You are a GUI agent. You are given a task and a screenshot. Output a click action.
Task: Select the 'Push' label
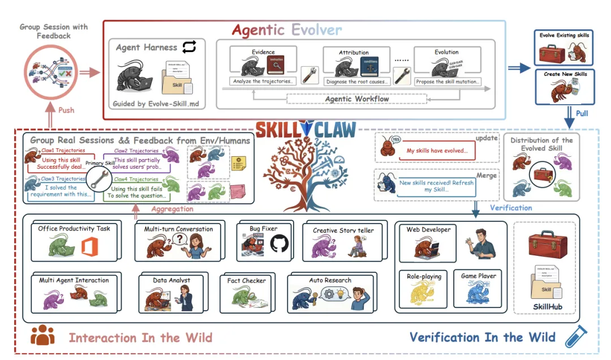[x=66, y=110]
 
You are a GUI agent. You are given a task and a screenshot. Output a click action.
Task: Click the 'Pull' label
[x=581, y=113]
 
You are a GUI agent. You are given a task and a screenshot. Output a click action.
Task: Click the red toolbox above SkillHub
[x=544, y=244]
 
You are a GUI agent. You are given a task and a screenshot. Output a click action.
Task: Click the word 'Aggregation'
[x=172, y=209]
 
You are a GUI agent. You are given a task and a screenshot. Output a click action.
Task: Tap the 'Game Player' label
[x=478, y=276]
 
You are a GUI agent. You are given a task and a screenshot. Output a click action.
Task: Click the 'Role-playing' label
[x=424, y=276]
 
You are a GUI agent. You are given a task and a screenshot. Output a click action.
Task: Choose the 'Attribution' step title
[x=354, y=52]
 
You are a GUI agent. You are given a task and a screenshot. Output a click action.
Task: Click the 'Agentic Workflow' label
[x=356, y=98]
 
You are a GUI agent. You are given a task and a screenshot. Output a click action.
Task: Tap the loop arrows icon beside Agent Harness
[x=189, y=48]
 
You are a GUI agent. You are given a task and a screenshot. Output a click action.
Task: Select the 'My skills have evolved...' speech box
[x=437, y=151]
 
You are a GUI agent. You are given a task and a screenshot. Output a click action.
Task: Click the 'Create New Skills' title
[x=565, y=74]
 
